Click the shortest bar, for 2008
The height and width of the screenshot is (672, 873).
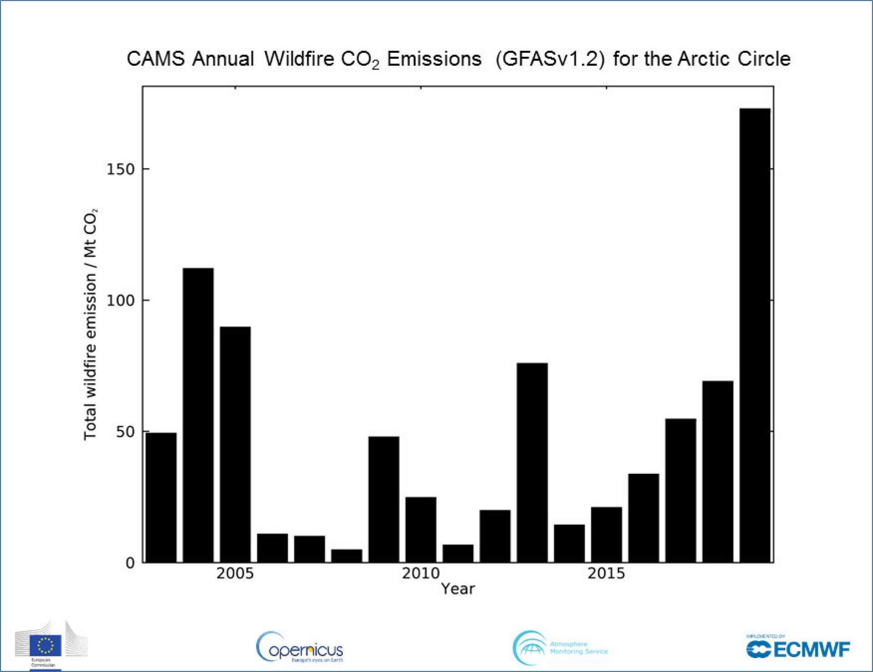[x=346, y=556]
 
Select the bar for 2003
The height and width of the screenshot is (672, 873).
[x=161, y=498]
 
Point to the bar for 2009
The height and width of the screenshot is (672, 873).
[x=384, y=499]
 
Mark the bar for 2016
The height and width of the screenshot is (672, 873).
[x=643, y=518]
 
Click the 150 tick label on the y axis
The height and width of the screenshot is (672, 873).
[x=120, y=169]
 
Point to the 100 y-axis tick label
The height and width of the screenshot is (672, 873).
[x=120, y=300]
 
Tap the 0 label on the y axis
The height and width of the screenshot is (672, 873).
[x=130, y=563]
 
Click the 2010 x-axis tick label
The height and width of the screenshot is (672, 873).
[x=421, y=573]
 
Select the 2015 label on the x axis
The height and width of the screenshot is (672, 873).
[x=606, y=573]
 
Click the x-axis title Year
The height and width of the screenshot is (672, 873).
[x=457, y=589]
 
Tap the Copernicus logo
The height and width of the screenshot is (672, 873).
[x=300, y=647]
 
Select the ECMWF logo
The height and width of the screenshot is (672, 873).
[x=798, y=648]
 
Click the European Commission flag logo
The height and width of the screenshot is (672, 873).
[x=45, y=645]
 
